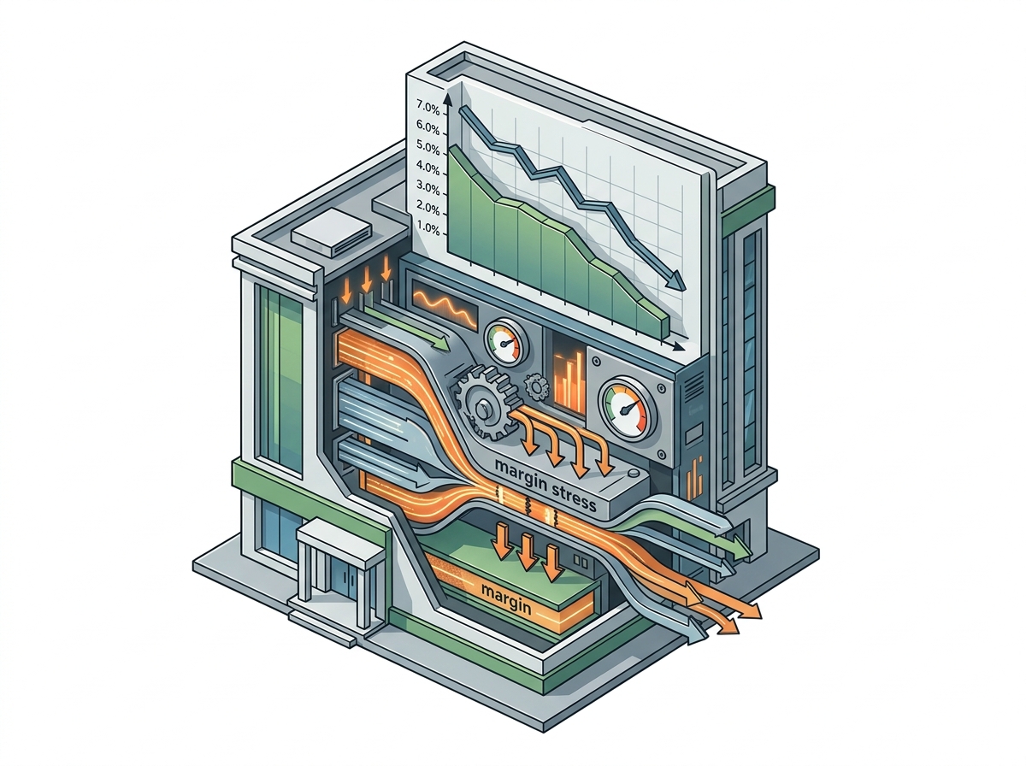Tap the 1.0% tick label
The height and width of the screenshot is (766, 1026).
[427, 227]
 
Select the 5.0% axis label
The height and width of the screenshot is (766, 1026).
[427, 148]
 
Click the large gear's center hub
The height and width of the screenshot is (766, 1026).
[482, 410]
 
